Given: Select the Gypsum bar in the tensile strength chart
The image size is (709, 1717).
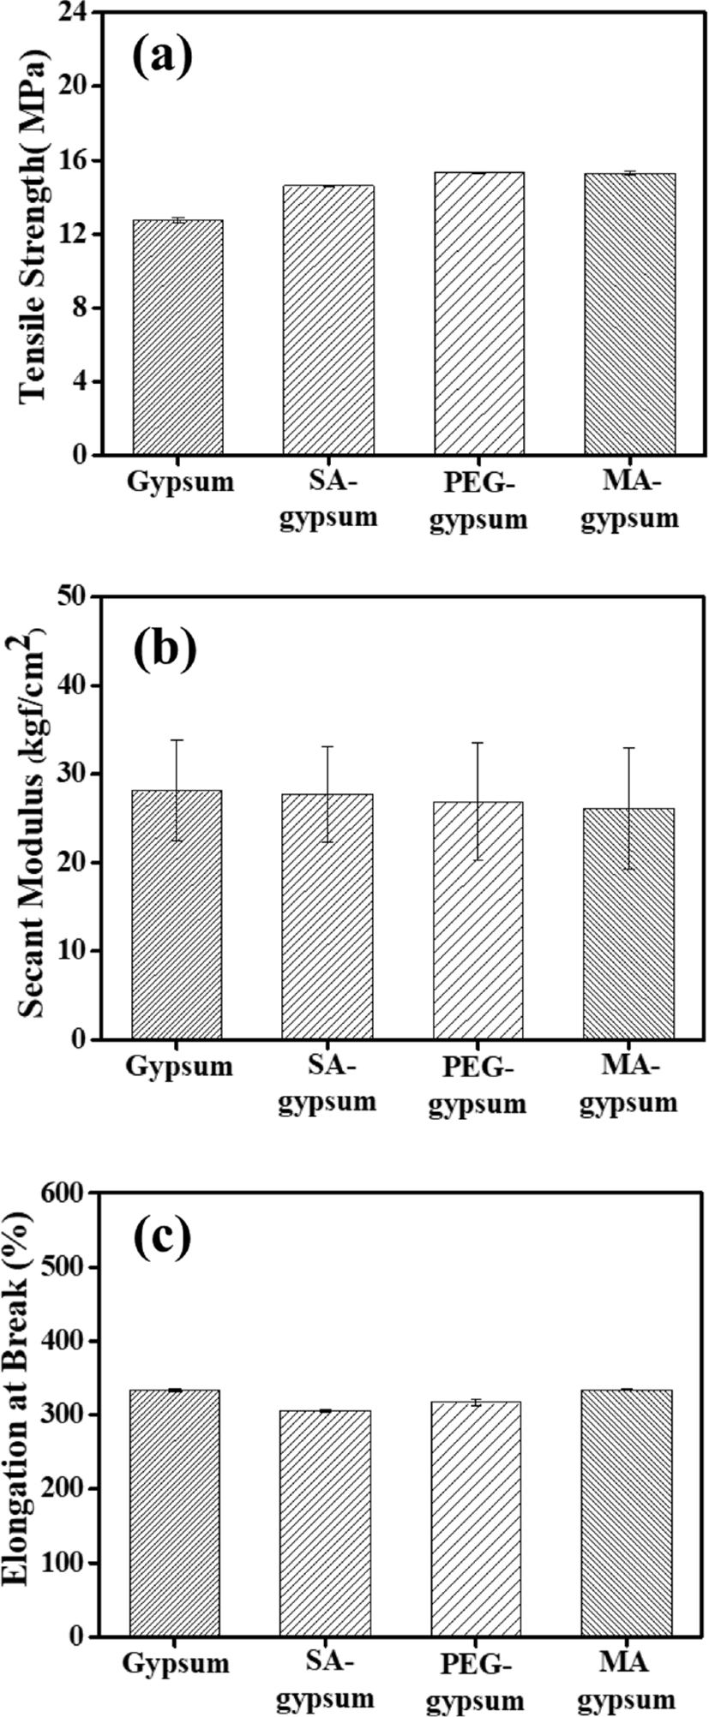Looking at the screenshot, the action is click(x=177, y=338).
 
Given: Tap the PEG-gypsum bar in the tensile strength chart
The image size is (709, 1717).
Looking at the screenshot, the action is click(x=479, y=314).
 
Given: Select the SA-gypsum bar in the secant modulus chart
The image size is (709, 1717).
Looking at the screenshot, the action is click(x=327, y=917).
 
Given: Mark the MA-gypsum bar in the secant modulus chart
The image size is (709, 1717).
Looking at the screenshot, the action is click(x=628, y=924).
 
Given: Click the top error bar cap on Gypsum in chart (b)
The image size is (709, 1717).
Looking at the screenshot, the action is click(x=177, y=740).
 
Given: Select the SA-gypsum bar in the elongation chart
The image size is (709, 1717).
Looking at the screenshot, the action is click(x=326, y=1523).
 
